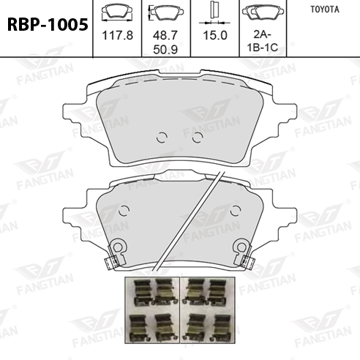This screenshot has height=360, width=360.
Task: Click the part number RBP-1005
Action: pyautogui.click(x=48, y=25)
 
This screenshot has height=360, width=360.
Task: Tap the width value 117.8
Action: pyautogui.click(x=117, y=35)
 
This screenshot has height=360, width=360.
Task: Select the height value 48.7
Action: pyautogui.click(x=165, y=35)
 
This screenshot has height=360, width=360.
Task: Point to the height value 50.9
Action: pyautogui.click(x=165, y=50)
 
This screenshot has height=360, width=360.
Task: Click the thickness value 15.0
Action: pyautogui.click(x=215, y=35)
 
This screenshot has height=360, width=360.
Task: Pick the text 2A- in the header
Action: pyautogui.click(x=262, y=34)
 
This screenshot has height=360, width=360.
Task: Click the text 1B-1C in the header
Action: pyautogui.click(x=263, y=48)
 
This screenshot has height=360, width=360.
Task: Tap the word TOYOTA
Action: pyautogui.click(x=325, y=10)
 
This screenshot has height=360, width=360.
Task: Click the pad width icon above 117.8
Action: pyautogui.click(x=117, y=12)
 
